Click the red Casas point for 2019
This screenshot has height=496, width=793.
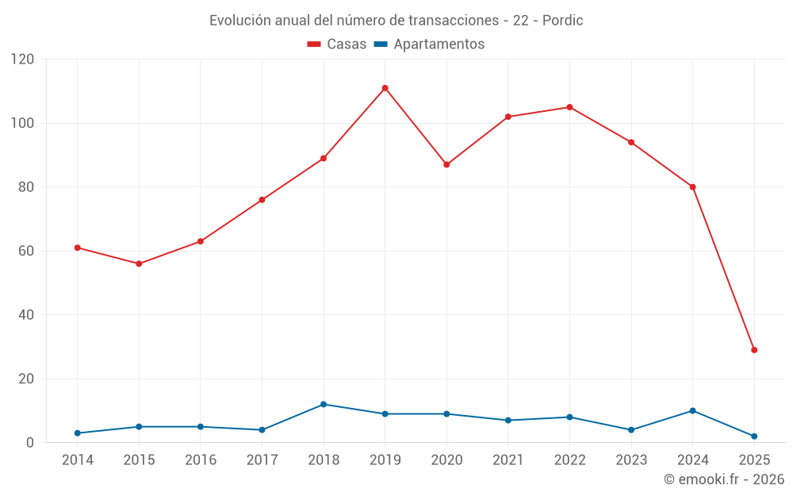[x=385, y=88]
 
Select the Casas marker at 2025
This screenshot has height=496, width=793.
[x=754, y=350]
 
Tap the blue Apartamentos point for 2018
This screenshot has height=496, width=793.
[x=324, y=405]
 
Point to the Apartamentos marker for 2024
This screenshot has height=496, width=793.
[x=692, y=411]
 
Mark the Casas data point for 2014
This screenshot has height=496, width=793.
[x=77, y=248]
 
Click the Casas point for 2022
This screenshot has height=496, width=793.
[x=569, y=107]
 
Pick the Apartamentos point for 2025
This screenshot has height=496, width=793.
[x=754, y=436]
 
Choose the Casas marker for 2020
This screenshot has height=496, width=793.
[x=446, y=165]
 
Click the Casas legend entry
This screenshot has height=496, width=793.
[x=337, y=44]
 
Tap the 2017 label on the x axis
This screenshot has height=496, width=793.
[x=262, y=460]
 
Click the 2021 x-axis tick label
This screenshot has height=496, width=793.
[x=508, y=460]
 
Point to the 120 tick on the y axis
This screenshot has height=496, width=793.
[x=23, y=60]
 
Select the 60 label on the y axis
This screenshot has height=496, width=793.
[x=27, y=251]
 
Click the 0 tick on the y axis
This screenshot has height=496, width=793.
[x=30, y=443]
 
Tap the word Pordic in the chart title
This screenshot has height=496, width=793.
[x=562, y=21]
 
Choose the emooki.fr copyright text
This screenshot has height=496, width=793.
[x=724, y=479]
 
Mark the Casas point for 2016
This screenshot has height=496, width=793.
[x=200, y=241]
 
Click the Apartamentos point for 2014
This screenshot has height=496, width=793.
[x=77, y=433]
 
